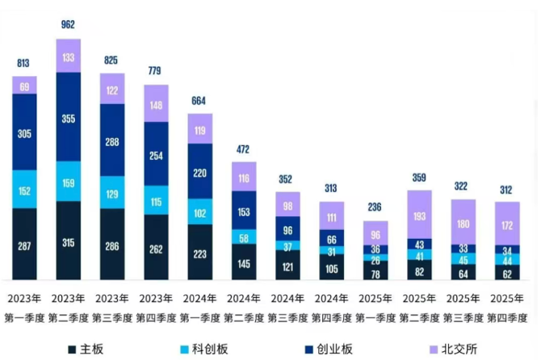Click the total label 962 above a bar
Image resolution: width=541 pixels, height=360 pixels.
[68, 25]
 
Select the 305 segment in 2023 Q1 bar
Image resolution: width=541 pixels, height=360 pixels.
[24, 133]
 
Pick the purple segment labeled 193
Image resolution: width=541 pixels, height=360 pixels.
[420, 217]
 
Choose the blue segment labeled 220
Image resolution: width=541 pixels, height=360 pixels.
[200, 172]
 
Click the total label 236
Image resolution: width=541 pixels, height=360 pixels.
[375, 207]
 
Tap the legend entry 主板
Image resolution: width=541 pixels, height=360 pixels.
[83, 350]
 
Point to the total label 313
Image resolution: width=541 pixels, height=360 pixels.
[332, 188]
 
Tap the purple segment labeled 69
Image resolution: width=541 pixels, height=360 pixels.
[24, 86]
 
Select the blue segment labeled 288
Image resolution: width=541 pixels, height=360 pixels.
[112, 140]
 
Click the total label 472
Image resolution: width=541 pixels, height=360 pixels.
[244, 149]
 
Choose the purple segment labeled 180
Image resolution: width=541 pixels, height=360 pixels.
[463, 224]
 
